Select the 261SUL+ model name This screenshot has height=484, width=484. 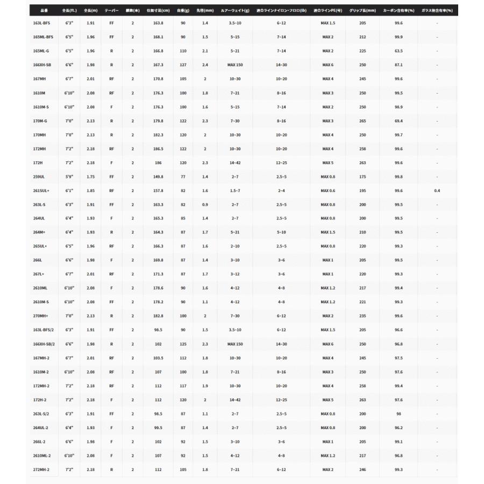[x=41, y=190]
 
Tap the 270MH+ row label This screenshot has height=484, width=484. [x=41, y=316]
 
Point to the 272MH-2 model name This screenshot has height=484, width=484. [x=41, y=469]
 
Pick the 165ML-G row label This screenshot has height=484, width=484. [x=41, y=51]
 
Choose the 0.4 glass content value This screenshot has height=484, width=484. [x=437, y=190]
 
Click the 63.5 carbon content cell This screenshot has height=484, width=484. [x=398, y=51]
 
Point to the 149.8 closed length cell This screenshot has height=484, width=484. [x=158, y=176]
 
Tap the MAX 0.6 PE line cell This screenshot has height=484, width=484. [x=328, y=190]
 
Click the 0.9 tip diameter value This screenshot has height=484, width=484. [x=205, y=204]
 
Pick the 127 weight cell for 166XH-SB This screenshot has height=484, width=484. [x=183, y=65]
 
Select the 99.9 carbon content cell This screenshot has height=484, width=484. [x=398, y=37]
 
